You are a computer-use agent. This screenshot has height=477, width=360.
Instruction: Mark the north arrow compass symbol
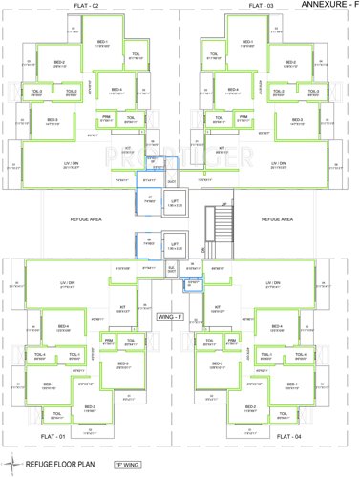(11, 465)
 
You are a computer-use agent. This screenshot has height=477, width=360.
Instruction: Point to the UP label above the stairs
(223, 204)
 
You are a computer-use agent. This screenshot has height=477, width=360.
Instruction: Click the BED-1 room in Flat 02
(101, 42)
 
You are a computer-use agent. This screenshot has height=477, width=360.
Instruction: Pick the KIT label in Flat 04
(218, 307)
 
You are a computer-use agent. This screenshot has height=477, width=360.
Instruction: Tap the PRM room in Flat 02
(107, 116)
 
